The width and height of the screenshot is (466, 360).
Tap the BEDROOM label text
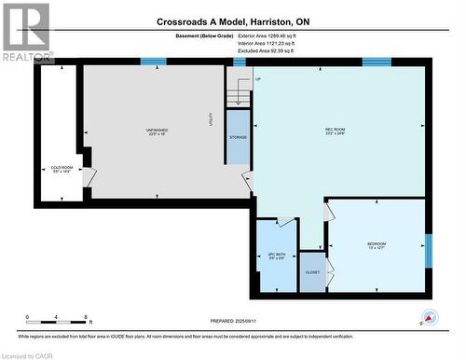(x=376, y=244)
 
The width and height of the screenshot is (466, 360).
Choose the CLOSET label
(x=312, y=272)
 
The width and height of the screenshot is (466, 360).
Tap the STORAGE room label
(x=239, y=137)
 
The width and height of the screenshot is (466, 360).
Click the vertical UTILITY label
(x=211, y=119)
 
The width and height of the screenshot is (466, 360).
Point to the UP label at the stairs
(x=258, y=79)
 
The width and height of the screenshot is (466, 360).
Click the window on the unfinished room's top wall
(x=153, y=62)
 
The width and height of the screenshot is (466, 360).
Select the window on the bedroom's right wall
(x=428, y=249)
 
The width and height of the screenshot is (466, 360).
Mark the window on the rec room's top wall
(x=376, y=62)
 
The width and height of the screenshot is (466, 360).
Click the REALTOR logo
(x=26, y=33)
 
